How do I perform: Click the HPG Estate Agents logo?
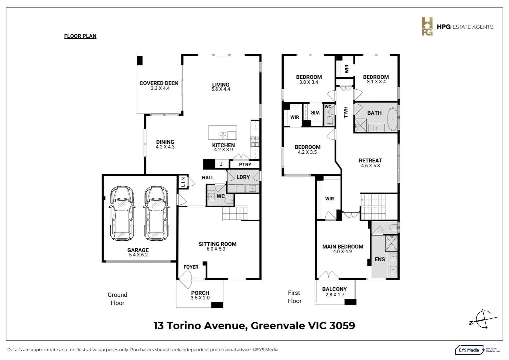457,26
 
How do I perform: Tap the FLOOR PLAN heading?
80,36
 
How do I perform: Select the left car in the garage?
122,214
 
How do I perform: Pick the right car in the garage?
156,214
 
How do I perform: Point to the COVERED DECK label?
159,83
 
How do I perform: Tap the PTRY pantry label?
245,164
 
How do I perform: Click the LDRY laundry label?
243,177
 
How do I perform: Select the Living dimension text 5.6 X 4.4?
221,89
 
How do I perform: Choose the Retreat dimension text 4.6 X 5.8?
370,166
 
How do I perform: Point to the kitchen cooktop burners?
255,141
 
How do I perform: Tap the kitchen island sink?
223,136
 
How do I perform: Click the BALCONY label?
334,289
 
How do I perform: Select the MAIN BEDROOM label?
343,247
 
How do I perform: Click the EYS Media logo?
477,350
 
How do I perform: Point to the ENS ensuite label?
380,259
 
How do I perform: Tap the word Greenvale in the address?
278,326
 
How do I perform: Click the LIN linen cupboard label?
183,182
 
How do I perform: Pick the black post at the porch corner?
217,305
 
